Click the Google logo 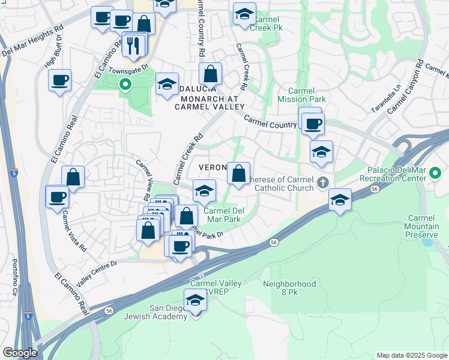(x=20, y=353)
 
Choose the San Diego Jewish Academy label (x=155, y=312)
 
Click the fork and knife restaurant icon (x=133, y=44)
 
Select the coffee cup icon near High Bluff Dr (x=60, y=80)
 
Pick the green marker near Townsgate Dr (x=125, y=85)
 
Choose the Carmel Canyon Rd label (x=406, y=86)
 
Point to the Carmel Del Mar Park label (x=221, y=215)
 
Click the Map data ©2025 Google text (x=412, y=355)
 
